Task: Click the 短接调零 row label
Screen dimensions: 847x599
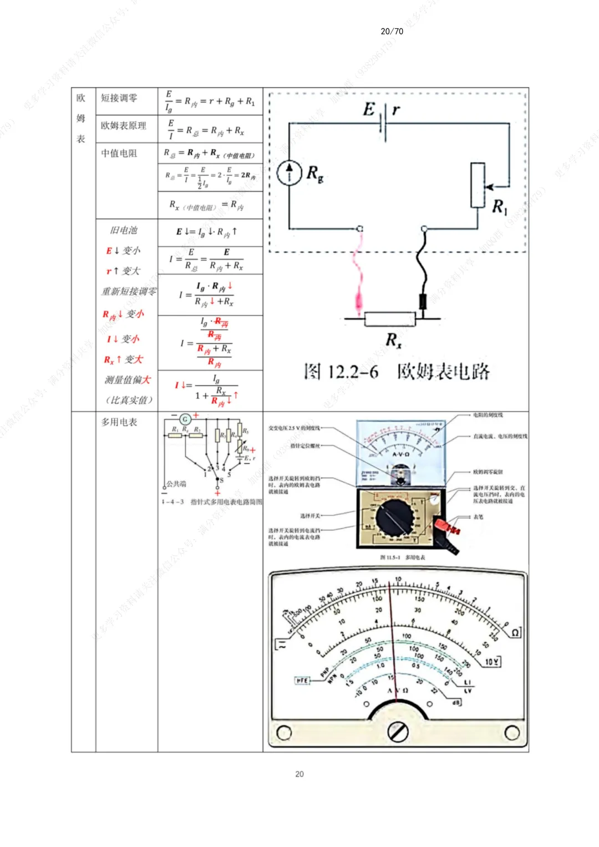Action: click(x=119, y=98)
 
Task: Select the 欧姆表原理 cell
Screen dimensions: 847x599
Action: click(x=124, y=126)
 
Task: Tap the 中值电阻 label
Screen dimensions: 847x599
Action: click(x=119, y=153)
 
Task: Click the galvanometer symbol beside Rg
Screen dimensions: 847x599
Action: click(x=289, y=173)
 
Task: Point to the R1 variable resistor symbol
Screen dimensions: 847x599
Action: click(x=478, y=185)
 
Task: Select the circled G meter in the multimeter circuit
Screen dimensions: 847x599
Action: click(x=185, y=419)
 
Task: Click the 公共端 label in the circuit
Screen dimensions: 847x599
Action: click(x=176, y=484)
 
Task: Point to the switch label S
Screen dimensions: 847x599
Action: click(x=221, y=480)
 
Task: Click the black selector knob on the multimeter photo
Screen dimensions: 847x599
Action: click(x=394, y=517)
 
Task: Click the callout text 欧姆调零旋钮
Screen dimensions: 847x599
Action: click(x=488, y=472)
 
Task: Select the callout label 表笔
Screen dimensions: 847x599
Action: click(x=478, y=517)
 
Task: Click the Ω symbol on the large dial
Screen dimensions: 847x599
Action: click(x=515, y=633)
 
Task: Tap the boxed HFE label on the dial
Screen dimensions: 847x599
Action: click(x=302, y=680)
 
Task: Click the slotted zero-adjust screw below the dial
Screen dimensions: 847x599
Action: click(x=398, y=732)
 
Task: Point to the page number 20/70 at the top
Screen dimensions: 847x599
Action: click(x=392, y=31)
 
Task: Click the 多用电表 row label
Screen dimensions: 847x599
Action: click(x=119, y=422)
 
